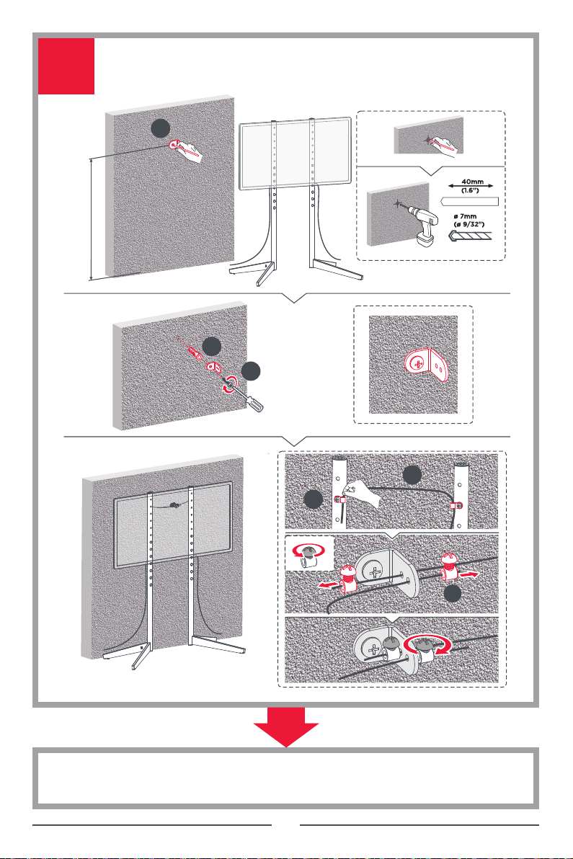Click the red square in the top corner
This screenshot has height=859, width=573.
click(x=66, y=66)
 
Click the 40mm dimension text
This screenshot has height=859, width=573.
click(x=472, y=182)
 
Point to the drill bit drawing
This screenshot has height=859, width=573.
click(x=469, y=236)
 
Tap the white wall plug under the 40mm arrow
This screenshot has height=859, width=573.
click(x=469, y=201)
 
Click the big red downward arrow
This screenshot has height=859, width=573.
click(x=286, y=727)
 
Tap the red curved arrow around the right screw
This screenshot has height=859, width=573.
click(x=427, y=644)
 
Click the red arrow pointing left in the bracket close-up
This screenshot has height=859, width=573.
click(x=328, y=585)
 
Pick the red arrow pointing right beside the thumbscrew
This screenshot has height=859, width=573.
click(x=468, y=574)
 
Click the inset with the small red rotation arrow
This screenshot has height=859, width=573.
click(x=309, y=553)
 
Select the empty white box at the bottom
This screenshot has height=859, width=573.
click(x=286, y=778)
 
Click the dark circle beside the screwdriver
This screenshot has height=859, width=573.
click(x=251, y=371)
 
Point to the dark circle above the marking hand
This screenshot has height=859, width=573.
click(x=161, y=129)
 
